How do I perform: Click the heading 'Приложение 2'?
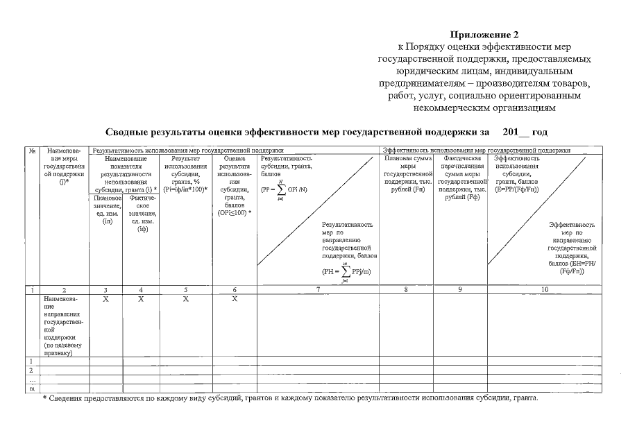(x=485, y=34)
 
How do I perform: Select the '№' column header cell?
(x=32, y=150)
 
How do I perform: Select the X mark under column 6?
(x=235, y=298)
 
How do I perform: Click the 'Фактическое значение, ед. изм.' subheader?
(x=142, y=212)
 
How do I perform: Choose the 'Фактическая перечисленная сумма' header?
(x=461, y=177)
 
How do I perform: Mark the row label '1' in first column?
(x=31, y=361)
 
